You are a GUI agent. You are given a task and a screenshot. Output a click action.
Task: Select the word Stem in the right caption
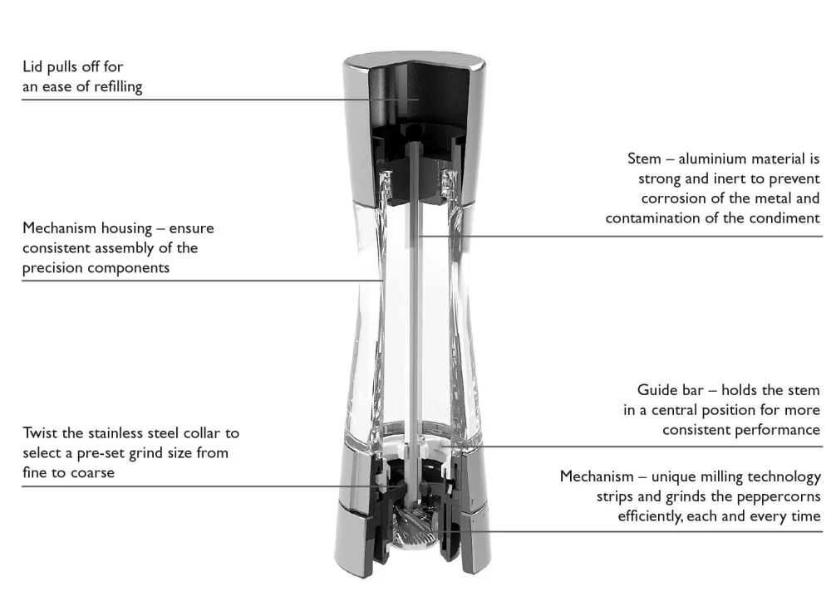[645, 159]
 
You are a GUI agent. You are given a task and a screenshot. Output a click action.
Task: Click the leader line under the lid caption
[196, 100]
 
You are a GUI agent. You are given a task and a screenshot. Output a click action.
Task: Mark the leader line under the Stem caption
[620, 237]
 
